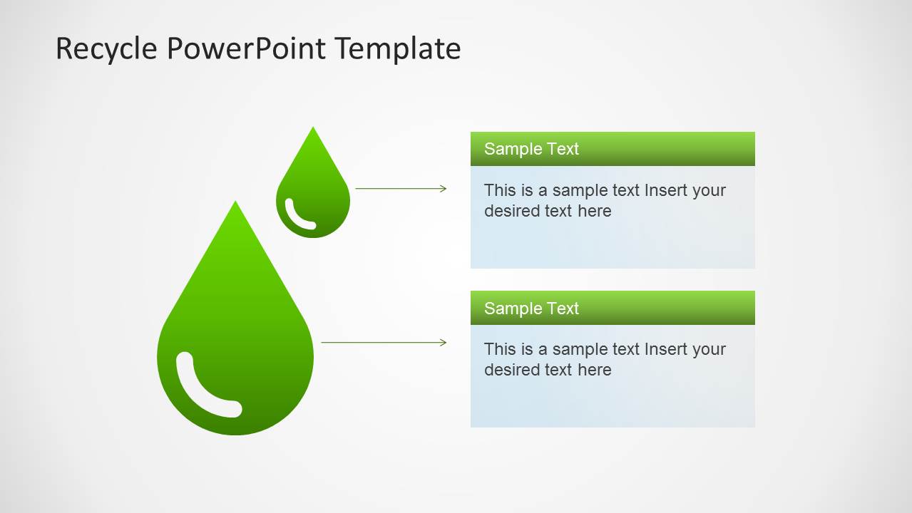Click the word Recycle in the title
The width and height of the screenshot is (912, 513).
106,49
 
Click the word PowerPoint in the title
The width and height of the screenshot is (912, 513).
247,49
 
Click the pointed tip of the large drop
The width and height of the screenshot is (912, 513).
235,204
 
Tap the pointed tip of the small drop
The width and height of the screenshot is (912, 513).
313,130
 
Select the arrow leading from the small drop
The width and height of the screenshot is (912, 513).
399,189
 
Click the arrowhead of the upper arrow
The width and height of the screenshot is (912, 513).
444,189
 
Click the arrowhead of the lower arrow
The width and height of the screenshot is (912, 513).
444,343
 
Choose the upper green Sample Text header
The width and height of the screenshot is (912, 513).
612,149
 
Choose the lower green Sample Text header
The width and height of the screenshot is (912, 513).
612,308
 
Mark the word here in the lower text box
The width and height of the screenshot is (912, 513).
595,370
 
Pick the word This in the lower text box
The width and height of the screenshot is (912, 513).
498,349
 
